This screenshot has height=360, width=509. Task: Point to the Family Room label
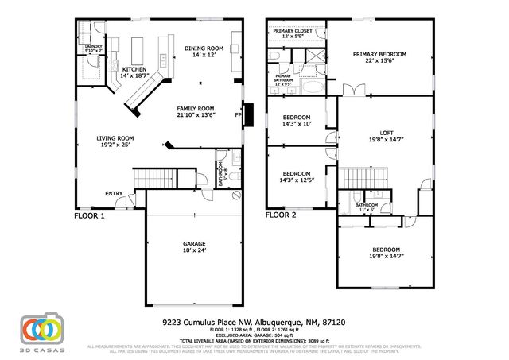195,110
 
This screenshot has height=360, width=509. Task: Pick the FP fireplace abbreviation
238,114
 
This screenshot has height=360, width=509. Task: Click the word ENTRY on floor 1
115,192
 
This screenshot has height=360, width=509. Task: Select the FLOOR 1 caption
89,215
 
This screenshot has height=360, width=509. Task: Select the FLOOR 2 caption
280,215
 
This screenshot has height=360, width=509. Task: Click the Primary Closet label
292,33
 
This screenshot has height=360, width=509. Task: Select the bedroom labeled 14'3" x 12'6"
297,176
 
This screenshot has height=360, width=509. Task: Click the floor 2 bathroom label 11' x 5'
367,207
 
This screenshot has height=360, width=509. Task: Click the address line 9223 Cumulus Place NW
254,323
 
